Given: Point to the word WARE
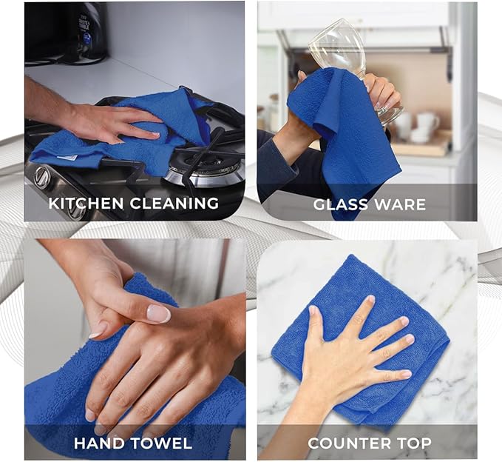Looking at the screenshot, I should (401, 204).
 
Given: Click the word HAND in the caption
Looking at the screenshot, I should (101, 443).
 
